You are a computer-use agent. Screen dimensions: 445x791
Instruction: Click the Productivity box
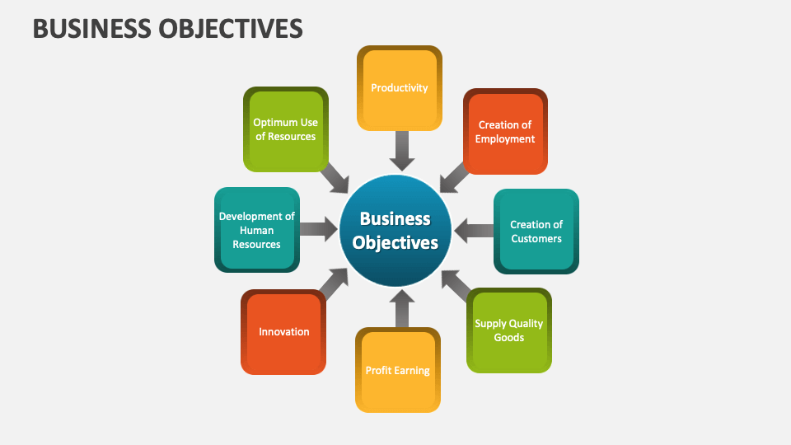[x=400, y=88]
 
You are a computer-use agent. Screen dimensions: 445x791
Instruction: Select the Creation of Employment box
[x=505, y=132]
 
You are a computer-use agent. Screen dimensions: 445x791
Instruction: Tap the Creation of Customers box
[x=536, y=232]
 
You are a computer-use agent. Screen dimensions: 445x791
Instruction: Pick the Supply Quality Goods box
[x=508, y=330]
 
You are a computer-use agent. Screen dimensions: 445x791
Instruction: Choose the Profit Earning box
[x=398, y=370]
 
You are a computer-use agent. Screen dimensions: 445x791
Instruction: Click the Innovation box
[x=283, y=332]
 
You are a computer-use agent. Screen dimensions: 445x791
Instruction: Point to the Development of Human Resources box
[x=256, y=230]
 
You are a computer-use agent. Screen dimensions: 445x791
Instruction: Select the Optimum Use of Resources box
[x=285, y=129]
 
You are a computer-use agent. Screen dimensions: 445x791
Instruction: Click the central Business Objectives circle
[x=396, y=231]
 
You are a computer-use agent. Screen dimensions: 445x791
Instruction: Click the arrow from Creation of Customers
[x=473, y=231]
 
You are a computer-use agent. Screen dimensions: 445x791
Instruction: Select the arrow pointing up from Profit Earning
[x=400, y=308]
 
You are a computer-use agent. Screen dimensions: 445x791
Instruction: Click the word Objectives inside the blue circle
[x=395, y=243]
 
